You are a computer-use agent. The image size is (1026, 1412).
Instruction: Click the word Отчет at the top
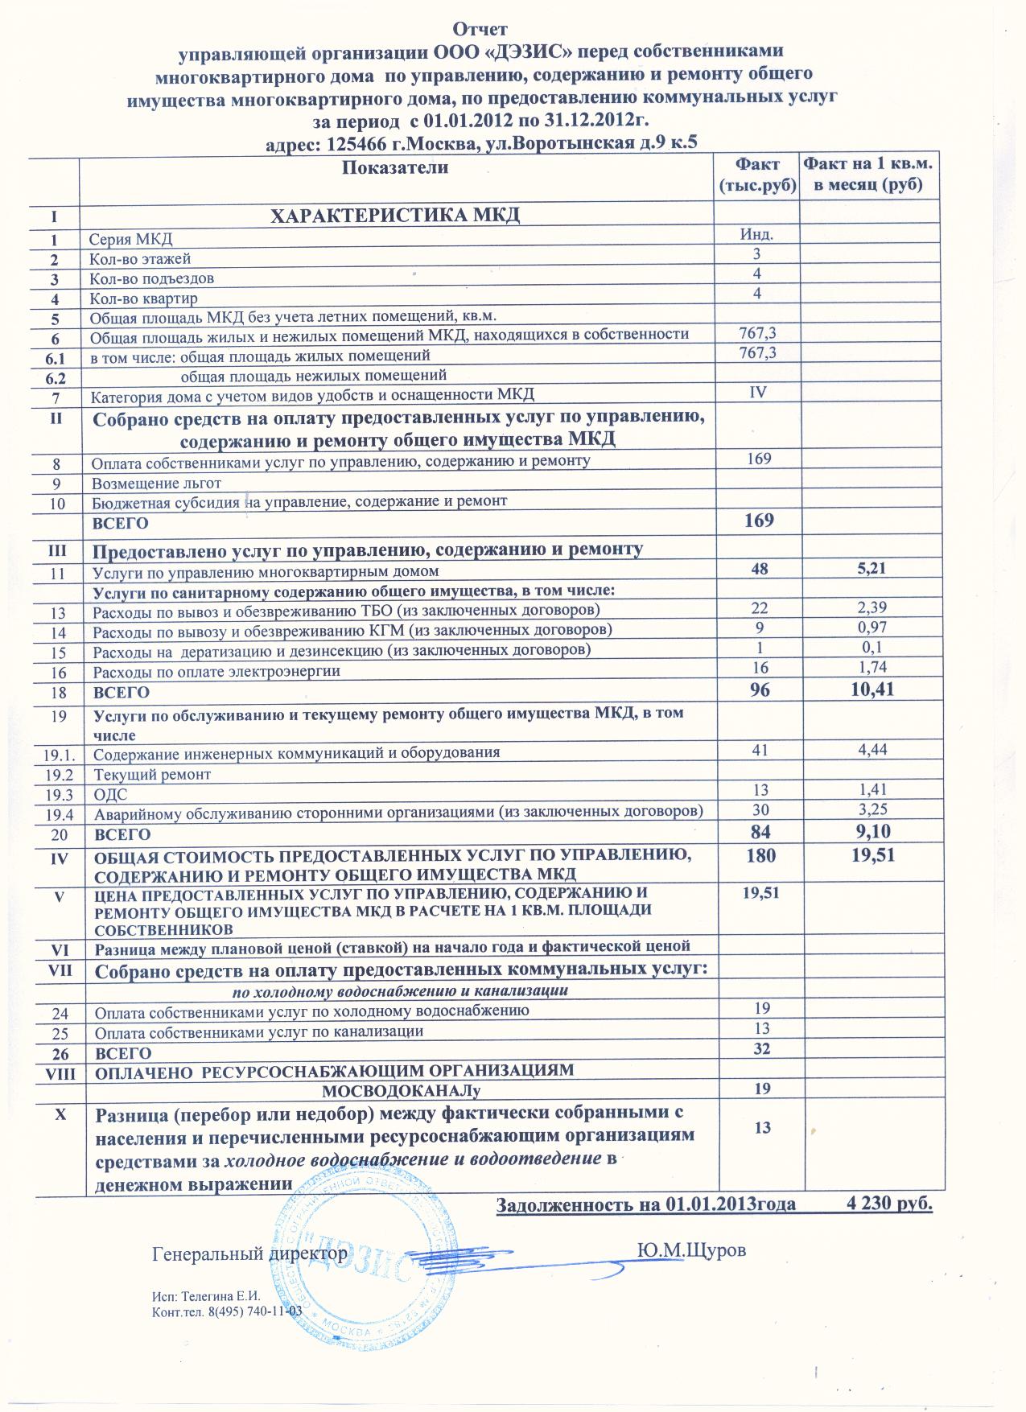coord(480,30)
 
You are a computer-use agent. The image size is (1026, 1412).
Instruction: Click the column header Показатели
coord(395,168)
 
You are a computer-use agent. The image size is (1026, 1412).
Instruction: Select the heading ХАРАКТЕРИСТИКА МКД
coord(394,216)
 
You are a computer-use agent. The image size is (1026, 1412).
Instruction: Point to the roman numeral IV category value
coord(757,392)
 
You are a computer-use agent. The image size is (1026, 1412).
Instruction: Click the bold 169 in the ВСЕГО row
coord(759,520)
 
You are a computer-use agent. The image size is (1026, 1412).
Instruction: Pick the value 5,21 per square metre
coord(871,569)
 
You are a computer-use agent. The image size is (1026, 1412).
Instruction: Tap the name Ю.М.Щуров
coord(691,1251)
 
